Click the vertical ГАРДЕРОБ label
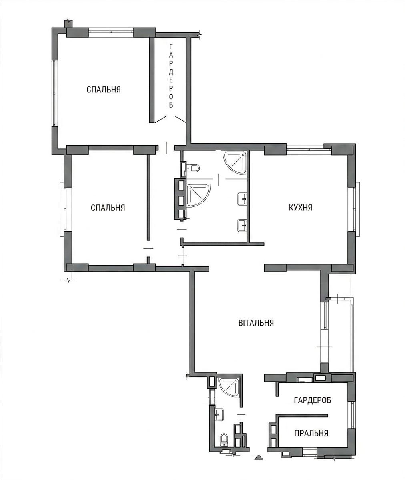(x=171, y=76)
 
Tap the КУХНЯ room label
(x=301, y=208)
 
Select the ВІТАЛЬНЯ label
(x=256, y=323)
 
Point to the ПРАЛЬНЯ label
(x=311, y=433)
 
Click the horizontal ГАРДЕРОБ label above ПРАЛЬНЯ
(x=313, y=400)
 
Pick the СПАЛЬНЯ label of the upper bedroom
(x=104, y=90)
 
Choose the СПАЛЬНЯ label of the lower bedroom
(x=108, y=208)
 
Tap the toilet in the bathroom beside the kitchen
(x=193, y=168)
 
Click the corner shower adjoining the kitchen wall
(x=235, y=163)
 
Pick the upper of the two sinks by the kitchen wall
(x=242, y=199)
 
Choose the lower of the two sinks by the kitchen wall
(x=242, y=226)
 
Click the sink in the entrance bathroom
(x=219, y=414)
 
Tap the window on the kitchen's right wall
(x=354, y=209)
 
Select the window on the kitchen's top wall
(x=309, y=148)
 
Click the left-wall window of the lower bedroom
(x=64, y=209)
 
